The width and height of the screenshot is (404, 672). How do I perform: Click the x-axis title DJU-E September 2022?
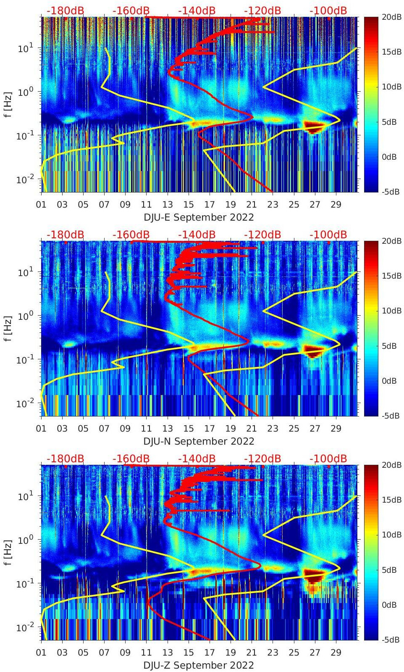coord(199,217)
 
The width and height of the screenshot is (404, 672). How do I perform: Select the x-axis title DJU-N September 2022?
coord(199,441)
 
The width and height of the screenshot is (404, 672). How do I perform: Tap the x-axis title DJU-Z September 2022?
coord(199,665)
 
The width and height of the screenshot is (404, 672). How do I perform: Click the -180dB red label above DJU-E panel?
coord(65,11)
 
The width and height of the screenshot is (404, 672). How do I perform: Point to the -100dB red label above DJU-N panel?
coord(328,235)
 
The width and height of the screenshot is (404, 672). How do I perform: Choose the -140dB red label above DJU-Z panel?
coord(197,459)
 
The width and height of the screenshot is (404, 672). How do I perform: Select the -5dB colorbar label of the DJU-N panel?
coord(391,416)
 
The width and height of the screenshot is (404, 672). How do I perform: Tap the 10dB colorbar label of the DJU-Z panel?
coord(392,535)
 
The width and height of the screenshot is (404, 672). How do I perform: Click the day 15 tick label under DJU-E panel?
coord(189,205)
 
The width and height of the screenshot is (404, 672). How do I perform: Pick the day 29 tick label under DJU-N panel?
coord(336,429)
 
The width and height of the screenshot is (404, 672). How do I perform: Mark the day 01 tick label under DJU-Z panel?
coord(41,653)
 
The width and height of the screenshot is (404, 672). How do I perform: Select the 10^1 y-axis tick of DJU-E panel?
coord(26,48)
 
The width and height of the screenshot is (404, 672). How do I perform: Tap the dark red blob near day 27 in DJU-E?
coord(314,126)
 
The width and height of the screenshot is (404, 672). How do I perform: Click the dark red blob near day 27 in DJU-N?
coord(314,350)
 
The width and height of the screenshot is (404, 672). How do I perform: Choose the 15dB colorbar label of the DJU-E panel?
coord(392,52)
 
